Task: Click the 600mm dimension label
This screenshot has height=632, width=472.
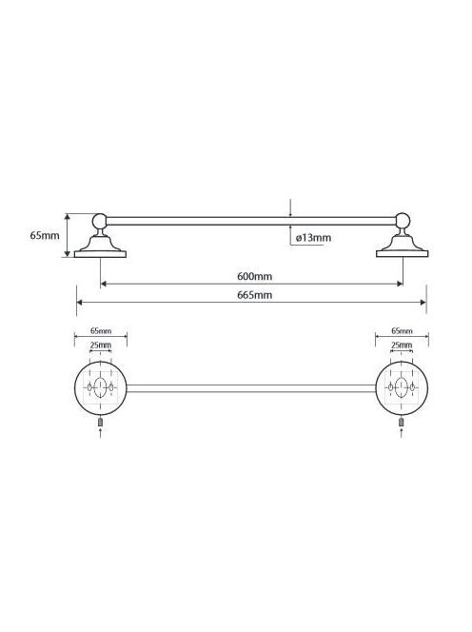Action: tap(254, 276)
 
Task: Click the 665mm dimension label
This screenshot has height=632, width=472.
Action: tap(254, 295)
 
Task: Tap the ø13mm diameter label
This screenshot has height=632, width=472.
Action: tap(313, 238)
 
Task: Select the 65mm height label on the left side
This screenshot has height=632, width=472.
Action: tap(45, 235)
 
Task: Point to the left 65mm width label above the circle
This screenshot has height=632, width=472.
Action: tap(101, 331)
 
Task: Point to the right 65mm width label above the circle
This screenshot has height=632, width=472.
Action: tap(402, 331)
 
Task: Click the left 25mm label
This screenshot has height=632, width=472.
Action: tap(100, 345)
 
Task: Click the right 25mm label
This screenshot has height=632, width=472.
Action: tap(402, 345)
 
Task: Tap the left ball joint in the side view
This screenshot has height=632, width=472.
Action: tap(100, 221)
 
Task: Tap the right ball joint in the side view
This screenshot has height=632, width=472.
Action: tap(403, 221)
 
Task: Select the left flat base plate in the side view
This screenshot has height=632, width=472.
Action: tap(100, 254)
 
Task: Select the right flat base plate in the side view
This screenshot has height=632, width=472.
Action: tap(402, 254)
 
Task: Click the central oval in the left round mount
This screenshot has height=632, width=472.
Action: tap(100, 387)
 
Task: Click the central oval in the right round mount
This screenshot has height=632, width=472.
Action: tap(402, 387)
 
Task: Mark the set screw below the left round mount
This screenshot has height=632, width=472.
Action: tap(100, 422)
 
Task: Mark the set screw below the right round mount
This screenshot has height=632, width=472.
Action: tap(402, 422)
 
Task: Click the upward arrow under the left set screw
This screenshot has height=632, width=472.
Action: tap(100, 433)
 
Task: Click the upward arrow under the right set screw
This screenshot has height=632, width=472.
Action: tap(402, 433)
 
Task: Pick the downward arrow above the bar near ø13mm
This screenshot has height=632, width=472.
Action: tap(290, 207)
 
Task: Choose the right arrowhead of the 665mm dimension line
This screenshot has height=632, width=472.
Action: tap(423, 303)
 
